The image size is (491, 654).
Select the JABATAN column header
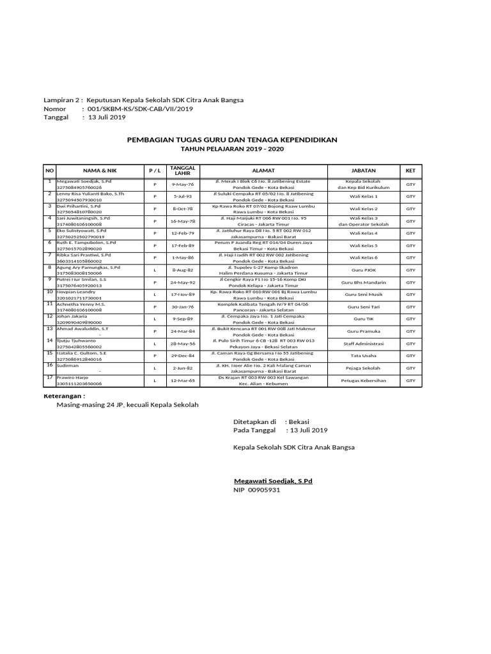point(363,171)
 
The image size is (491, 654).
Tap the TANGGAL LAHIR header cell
point(182,171)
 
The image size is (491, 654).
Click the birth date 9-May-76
point(182,185)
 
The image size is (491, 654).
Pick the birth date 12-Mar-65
point(182,381)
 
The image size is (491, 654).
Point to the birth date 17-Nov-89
point(182,294)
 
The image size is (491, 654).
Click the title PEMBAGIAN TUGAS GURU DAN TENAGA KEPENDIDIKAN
point(232,139)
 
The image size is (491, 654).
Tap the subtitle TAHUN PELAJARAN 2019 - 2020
point(232,149)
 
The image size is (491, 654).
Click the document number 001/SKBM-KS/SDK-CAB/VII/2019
point(137,109)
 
